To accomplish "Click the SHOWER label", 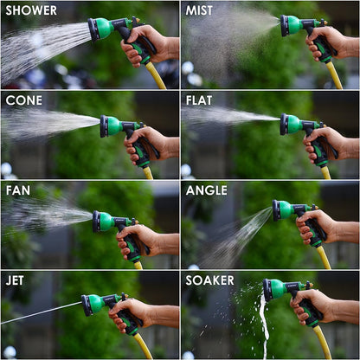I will (x=31, y=10).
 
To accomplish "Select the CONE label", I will (x=24, y=100).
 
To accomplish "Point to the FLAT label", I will (x=200, y=100).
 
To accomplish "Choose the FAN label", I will (x=18, y=190).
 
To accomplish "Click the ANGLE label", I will (x=207, y=190).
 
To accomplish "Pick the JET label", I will (x=16, y=280).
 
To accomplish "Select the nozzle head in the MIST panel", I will (x=286, y=26).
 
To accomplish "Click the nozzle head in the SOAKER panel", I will (x=270, y=290).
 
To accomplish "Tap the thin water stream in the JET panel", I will (x=39, y=313).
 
